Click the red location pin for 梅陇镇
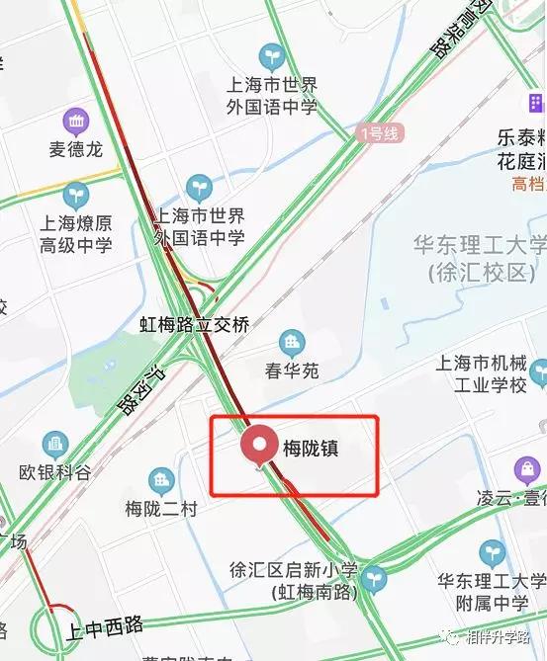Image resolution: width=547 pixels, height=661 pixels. pos(262,446)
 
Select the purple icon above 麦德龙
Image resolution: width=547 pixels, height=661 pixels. pos(76,123)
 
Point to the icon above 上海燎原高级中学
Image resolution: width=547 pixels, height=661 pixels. pos(76,195)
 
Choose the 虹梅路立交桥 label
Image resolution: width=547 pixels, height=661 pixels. pos(195,323)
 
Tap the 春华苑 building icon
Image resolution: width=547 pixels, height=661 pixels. pos(292,344)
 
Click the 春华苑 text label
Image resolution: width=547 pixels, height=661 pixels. pos(292,372)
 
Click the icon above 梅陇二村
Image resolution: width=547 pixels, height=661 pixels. pos(161,482)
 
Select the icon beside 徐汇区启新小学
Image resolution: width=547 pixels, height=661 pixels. pos(373,579)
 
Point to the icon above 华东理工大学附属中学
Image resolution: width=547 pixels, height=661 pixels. pos(492,552)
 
